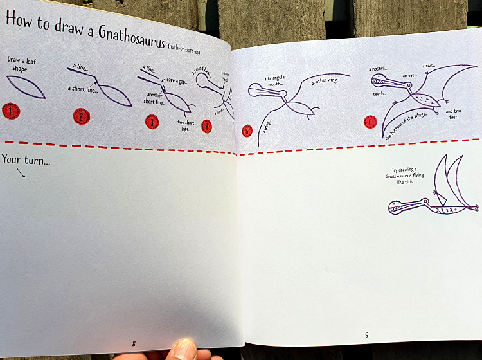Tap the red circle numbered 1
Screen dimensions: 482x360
11,111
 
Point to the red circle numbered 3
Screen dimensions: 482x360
152,122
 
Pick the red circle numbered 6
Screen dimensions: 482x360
370,122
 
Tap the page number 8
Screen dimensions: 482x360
134,343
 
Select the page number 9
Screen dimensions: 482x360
366,335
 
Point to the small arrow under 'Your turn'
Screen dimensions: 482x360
22,172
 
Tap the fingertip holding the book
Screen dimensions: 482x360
183,350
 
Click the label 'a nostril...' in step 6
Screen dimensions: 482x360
378,69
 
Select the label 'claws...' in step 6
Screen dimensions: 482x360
429,66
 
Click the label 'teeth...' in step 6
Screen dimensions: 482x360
379,94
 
